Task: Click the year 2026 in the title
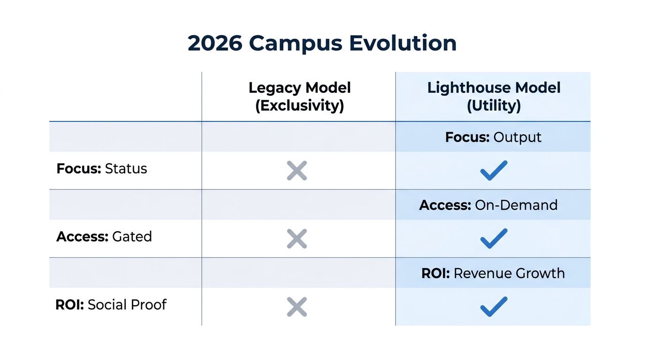pos(215,43)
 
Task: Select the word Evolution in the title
pos(403,43)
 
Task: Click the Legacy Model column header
pos(300,88)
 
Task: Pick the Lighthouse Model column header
pos(494,88)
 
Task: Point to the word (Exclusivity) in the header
pos(300,105)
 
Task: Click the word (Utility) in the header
pos(494,105)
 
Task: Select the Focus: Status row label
pos(102,169)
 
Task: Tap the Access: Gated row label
pos(104,237)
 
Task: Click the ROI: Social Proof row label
pos(111,305)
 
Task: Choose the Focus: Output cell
pos(493,137)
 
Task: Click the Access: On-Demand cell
pos(488,205)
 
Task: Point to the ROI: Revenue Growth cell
pos(493,273)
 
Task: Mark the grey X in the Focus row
pos(297,171)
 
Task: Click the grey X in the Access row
pos(297,239)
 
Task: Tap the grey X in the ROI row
pos(297,307)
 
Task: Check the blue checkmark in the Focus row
pos(494,171)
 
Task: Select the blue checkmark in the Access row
pos(494,239)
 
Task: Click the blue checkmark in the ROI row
pos(494,307)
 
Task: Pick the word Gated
pos(132,237)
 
